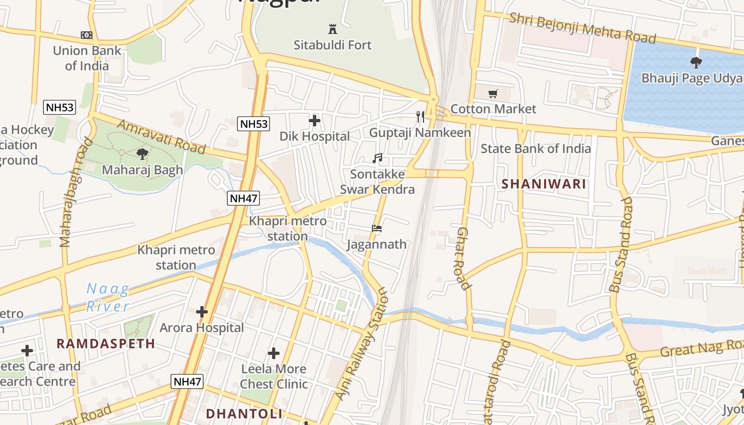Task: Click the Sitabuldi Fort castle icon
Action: point(333,29)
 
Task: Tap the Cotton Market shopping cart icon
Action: point(493,94)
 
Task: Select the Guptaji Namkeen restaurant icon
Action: point(420,117)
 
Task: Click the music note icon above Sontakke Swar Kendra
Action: point(377,158)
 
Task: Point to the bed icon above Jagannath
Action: point(377,228)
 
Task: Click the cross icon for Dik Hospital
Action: point(315,121)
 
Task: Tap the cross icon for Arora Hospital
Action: point(202,312)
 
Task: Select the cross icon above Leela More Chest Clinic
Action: point(274,353)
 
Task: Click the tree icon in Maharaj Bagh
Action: point(142,154)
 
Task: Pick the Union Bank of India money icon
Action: point(87,35)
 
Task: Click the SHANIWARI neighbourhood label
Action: point(544,184)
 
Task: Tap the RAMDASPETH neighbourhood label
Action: point(106,344)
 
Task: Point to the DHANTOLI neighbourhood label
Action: point(244,413)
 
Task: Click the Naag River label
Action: point(108,297)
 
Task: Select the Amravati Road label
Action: point(160,137)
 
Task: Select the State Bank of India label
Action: point(536,148)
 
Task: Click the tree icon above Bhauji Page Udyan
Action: point(696,63)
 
